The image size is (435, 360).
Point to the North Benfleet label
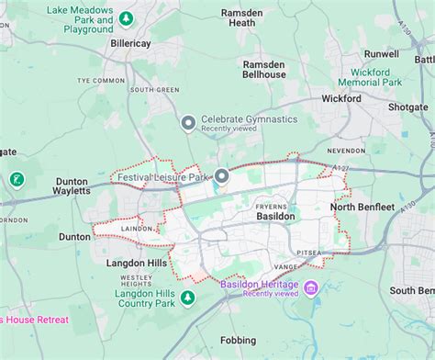362,207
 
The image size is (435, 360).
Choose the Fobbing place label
238,340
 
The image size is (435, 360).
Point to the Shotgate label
407,107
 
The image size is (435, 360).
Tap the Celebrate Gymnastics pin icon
188,122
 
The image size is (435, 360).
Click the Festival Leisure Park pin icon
221,175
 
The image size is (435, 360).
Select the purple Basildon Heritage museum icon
311,289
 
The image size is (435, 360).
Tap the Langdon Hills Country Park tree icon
187,298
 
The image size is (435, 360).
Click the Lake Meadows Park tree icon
127,17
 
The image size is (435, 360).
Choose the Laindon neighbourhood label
135,228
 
